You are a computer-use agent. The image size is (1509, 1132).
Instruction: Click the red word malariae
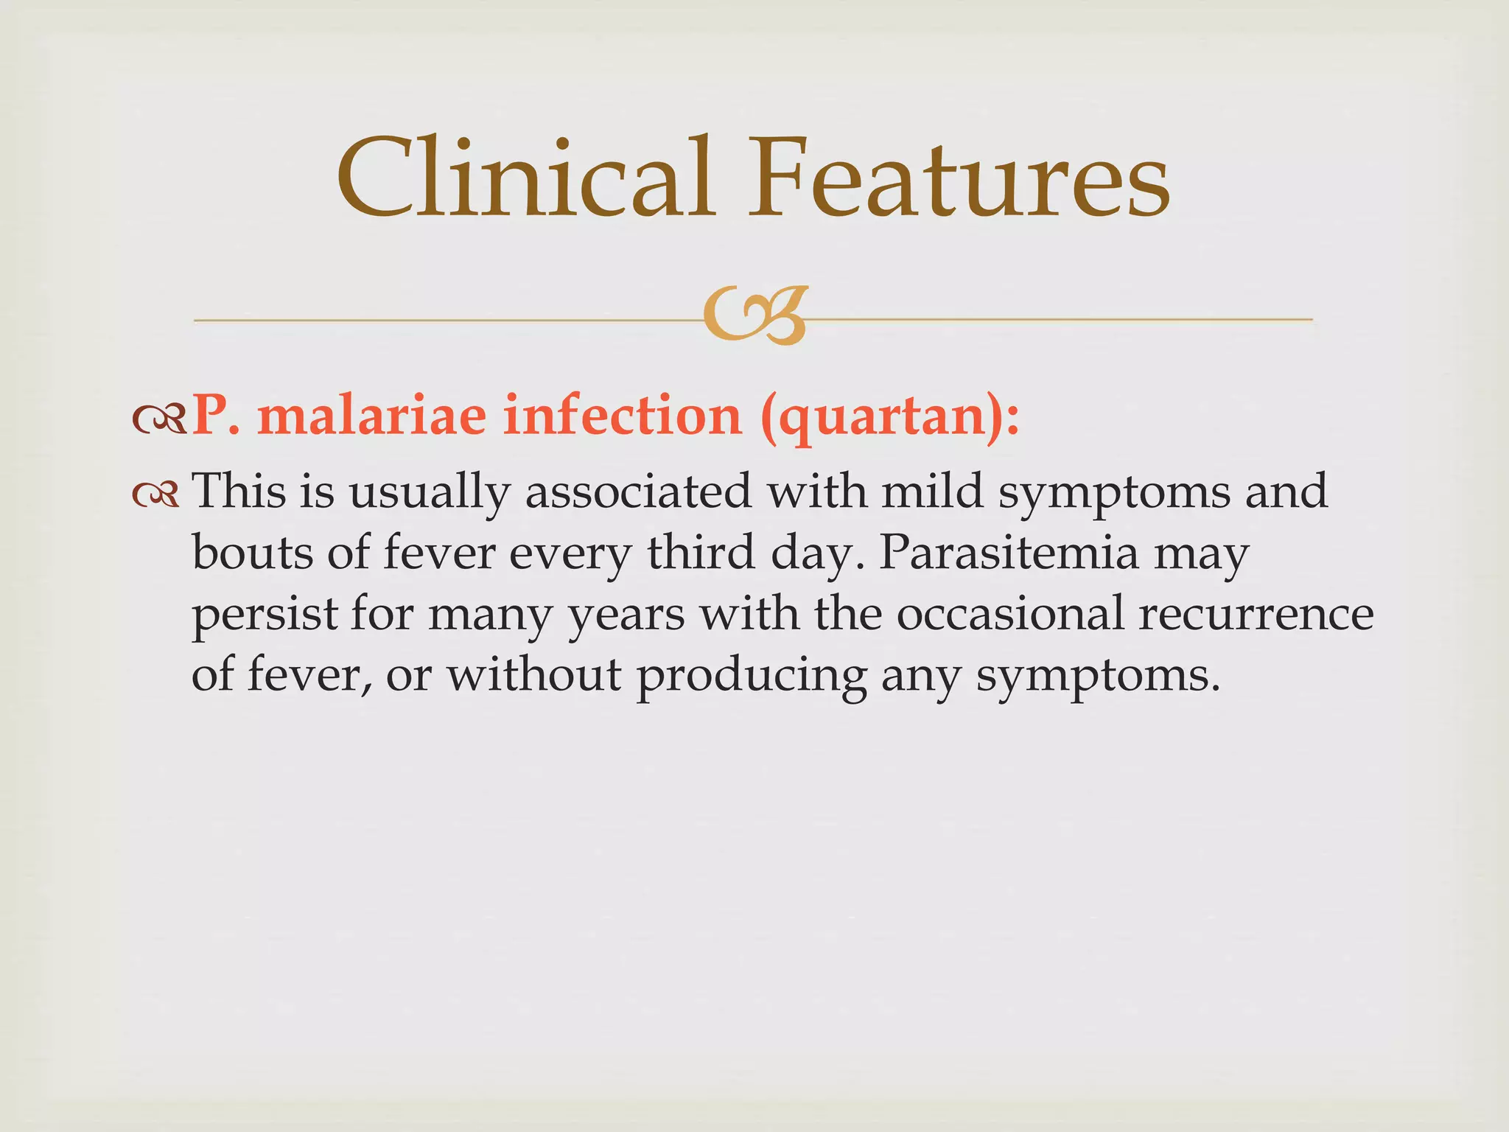372,416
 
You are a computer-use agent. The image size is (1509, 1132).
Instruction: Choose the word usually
430,492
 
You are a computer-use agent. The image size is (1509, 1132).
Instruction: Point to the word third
701,552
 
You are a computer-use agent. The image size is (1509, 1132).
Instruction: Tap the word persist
264,615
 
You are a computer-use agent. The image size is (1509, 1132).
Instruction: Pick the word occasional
1010,613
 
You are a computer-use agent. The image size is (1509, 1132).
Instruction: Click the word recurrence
1256,615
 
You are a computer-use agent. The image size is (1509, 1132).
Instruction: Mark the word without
535,674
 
